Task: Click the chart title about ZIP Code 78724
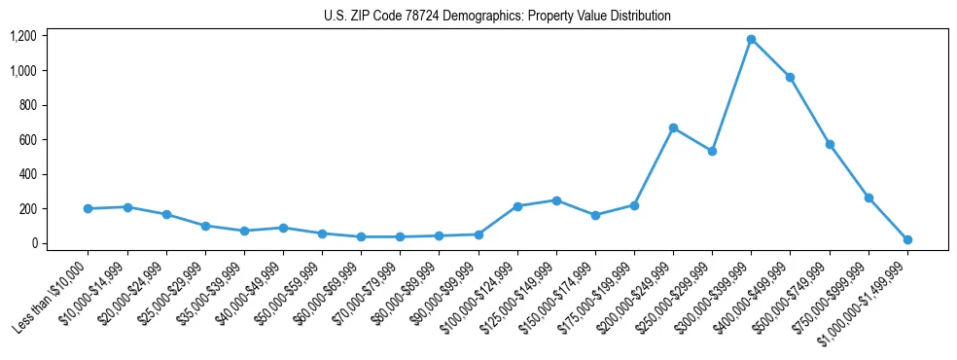(x=497, y=16)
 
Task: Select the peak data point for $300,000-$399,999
(x=751, y=39)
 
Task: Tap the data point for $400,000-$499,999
(x=790, y=77)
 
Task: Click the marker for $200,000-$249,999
(x=673, y=127)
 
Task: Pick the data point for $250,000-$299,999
(x=712, y=151)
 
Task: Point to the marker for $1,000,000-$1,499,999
(x=907, y=239)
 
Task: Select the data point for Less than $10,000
(x=88, y=208)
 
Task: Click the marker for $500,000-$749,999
(x=830, y=144)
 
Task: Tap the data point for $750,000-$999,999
(x=868, y=198)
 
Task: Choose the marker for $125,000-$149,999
(x=556, y=200)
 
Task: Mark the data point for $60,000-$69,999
(x=361, y=236)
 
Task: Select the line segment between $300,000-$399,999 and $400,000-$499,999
(x=770, y=58)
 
